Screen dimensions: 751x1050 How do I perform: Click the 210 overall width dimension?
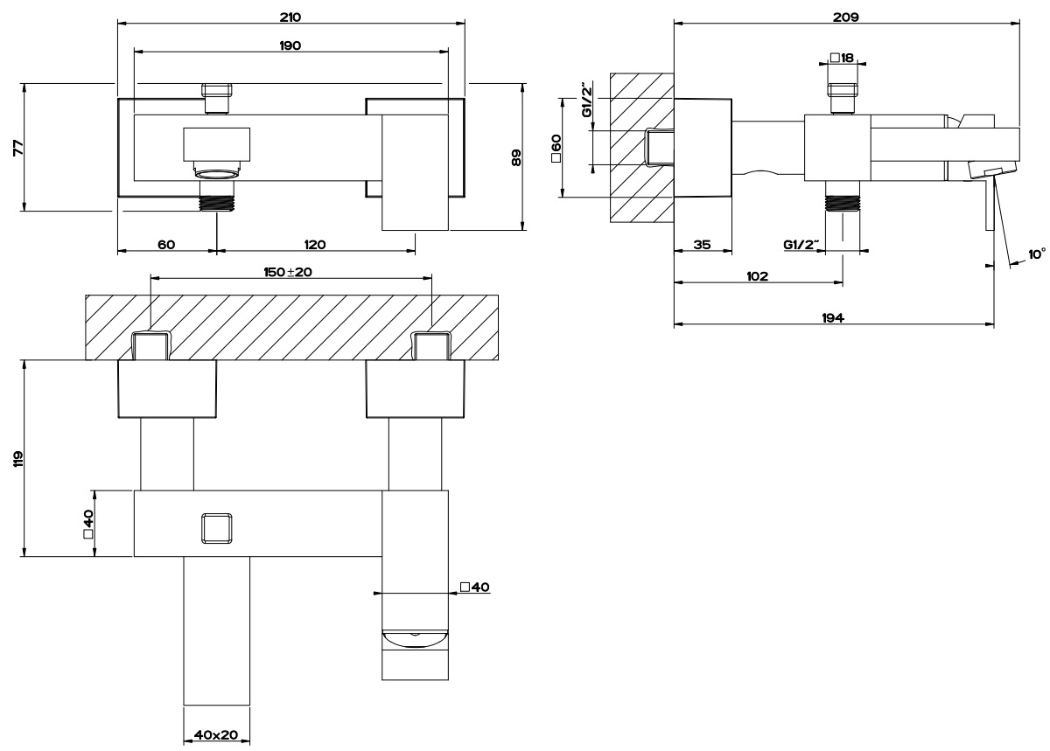(290, 17)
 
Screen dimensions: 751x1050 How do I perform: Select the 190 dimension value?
(290, 45)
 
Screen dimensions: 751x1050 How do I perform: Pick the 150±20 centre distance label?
(289, 272)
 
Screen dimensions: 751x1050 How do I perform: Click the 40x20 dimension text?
(215, 735)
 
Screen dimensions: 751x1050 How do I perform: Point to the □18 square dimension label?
(842, 58)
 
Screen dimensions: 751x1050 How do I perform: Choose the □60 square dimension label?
(556, 148)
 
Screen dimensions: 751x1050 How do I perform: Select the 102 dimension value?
(758, 275)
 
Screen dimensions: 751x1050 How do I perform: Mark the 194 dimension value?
(833, 319)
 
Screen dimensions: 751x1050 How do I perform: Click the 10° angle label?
(1036, 254)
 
